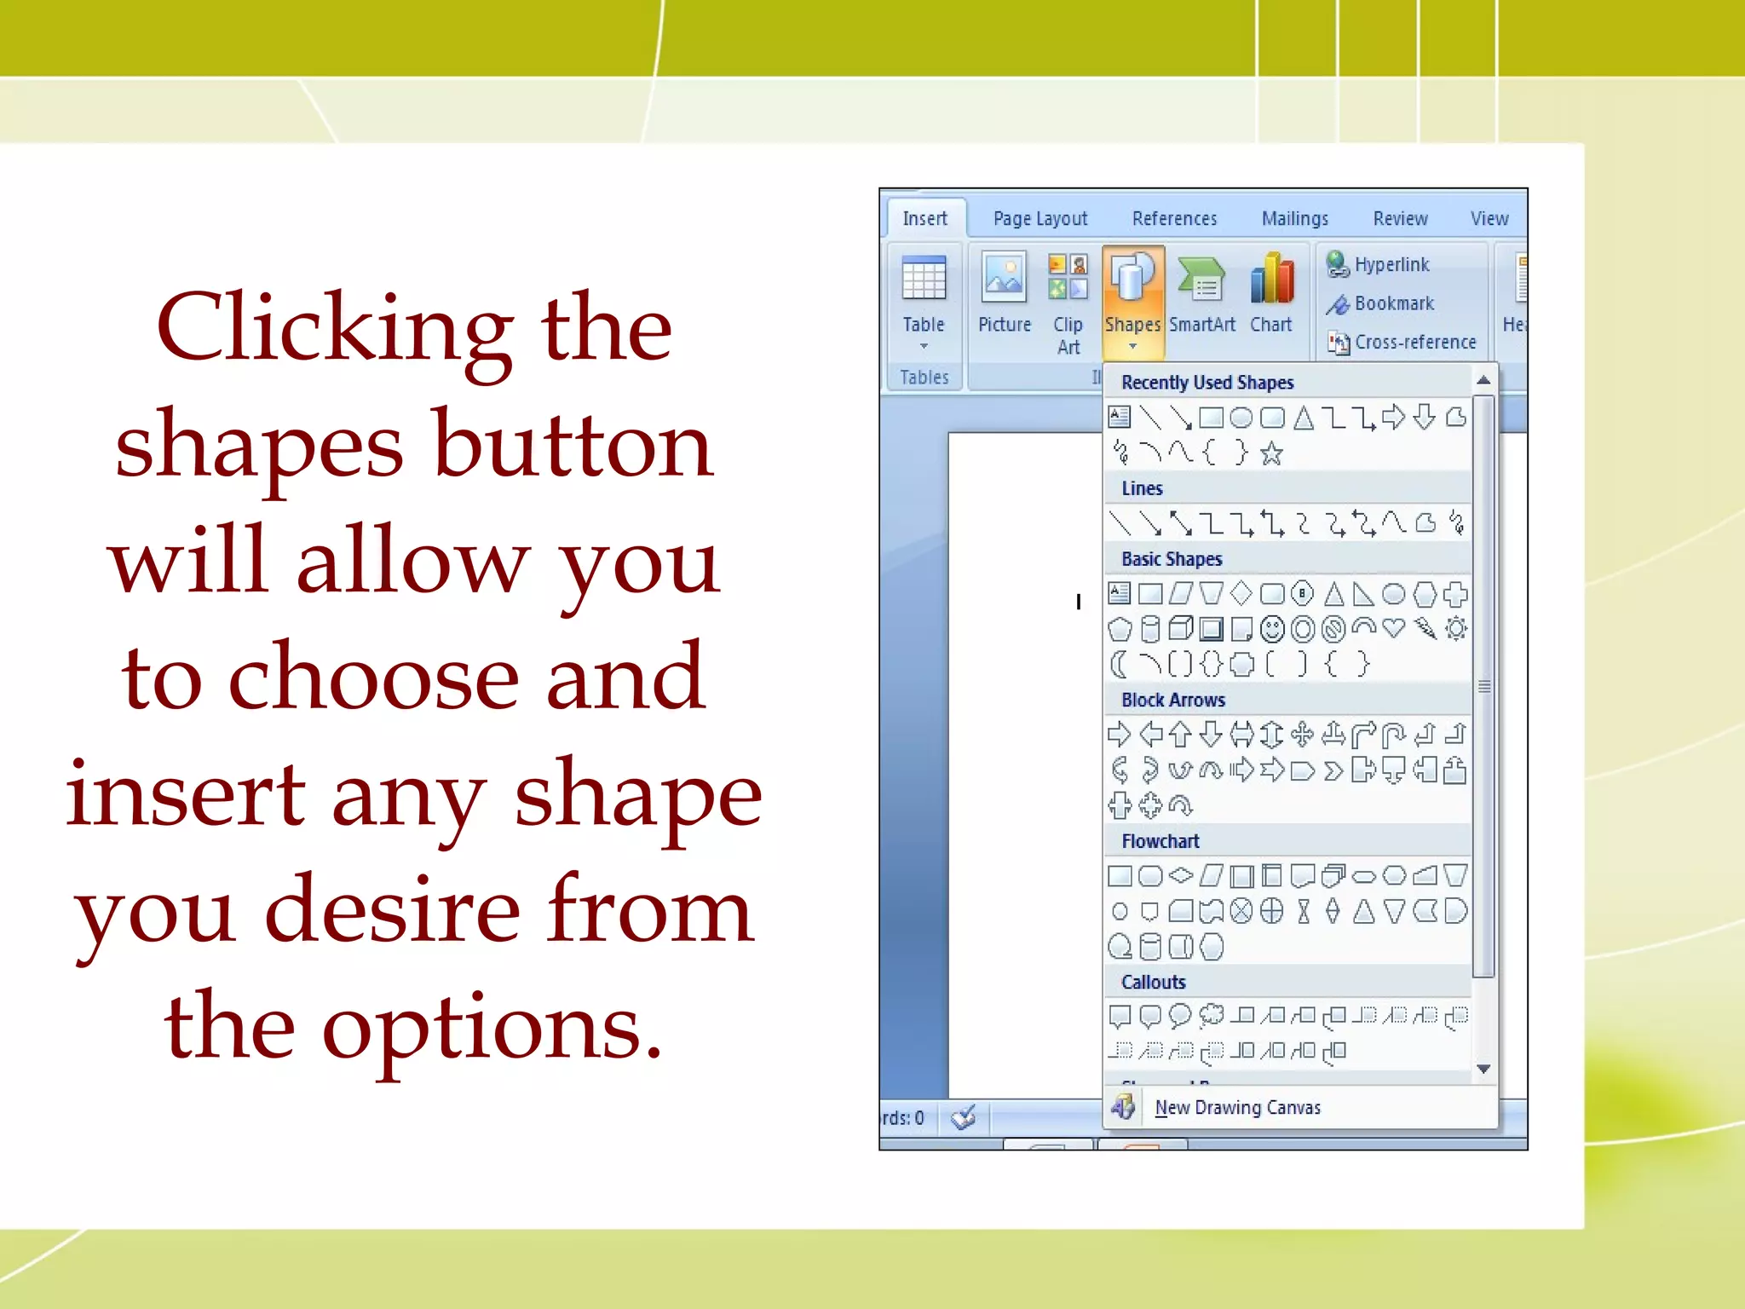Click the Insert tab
924,219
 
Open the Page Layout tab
1040,219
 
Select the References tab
1174,219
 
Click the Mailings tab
1294,219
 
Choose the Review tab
1400,219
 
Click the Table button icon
924,280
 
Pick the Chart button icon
1271,280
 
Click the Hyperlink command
1391,265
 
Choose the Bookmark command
1393,303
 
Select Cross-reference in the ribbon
1414,343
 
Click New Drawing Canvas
1237,1108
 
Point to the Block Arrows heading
1173,701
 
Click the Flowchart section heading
1160,842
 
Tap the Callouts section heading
1153,983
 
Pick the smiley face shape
1272,630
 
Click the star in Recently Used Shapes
1271,453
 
